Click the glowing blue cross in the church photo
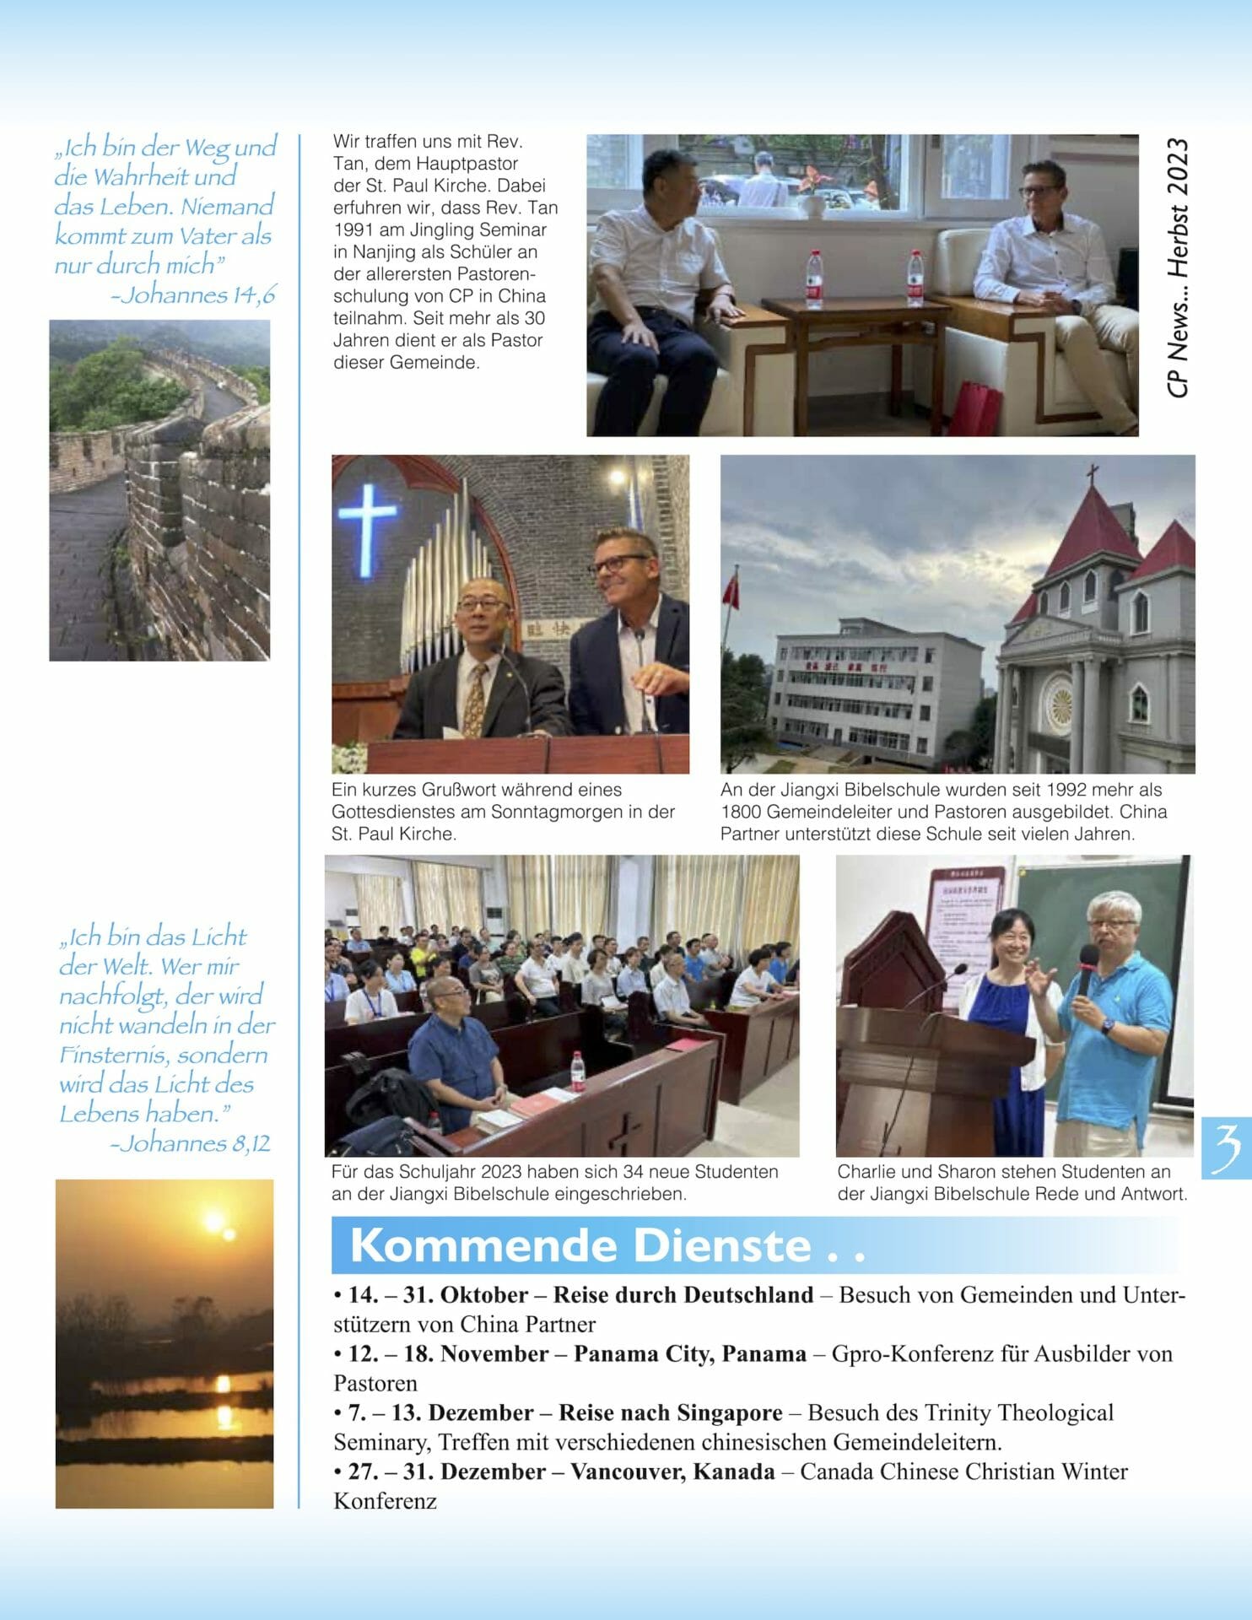coord(367,523)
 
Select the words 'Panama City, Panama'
coord(689,1354)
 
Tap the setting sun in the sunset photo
coord(215,1220)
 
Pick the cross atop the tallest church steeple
coord(1093,472)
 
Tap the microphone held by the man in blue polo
coord(1088,961)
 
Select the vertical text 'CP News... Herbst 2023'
coord(1178,268)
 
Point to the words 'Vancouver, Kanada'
coord(672,1472)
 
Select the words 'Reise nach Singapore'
coord(671,1413)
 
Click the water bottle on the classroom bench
coord(577,1071)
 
